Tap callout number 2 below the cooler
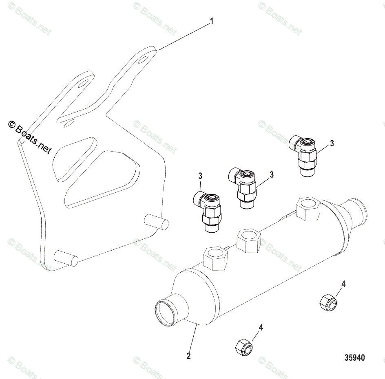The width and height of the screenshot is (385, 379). click(x=188, y=356)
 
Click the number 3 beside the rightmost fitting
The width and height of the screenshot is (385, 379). click(x=332, y=143)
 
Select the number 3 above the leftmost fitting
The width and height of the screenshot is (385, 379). click(x=200, y=176)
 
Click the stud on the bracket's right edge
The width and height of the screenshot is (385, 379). click(x=157, y=222)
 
